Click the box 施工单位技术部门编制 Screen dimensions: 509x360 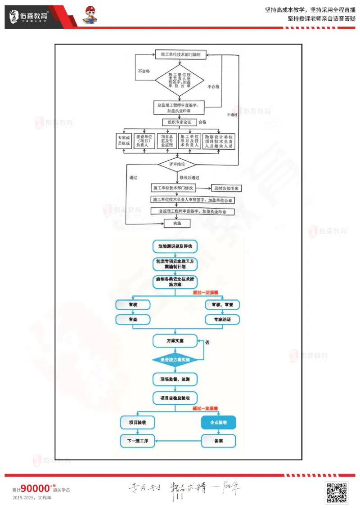coord(180,54)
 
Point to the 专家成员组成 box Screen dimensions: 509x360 coord(123,141)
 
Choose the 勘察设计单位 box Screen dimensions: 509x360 coord(218,141)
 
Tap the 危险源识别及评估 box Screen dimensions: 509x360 coord(175,246)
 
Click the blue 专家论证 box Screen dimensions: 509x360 coord(222,320)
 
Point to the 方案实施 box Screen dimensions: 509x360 coord(175,340)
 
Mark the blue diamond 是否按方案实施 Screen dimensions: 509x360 coord(175,360)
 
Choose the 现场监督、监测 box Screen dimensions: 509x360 coord(175,380)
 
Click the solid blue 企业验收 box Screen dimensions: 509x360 coord(218,423)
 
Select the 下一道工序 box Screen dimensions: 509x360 coord(137,441)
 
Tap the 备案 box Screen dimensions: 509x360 coord(218,441)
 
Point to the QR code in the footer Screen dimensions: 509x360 coord(337,493)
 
